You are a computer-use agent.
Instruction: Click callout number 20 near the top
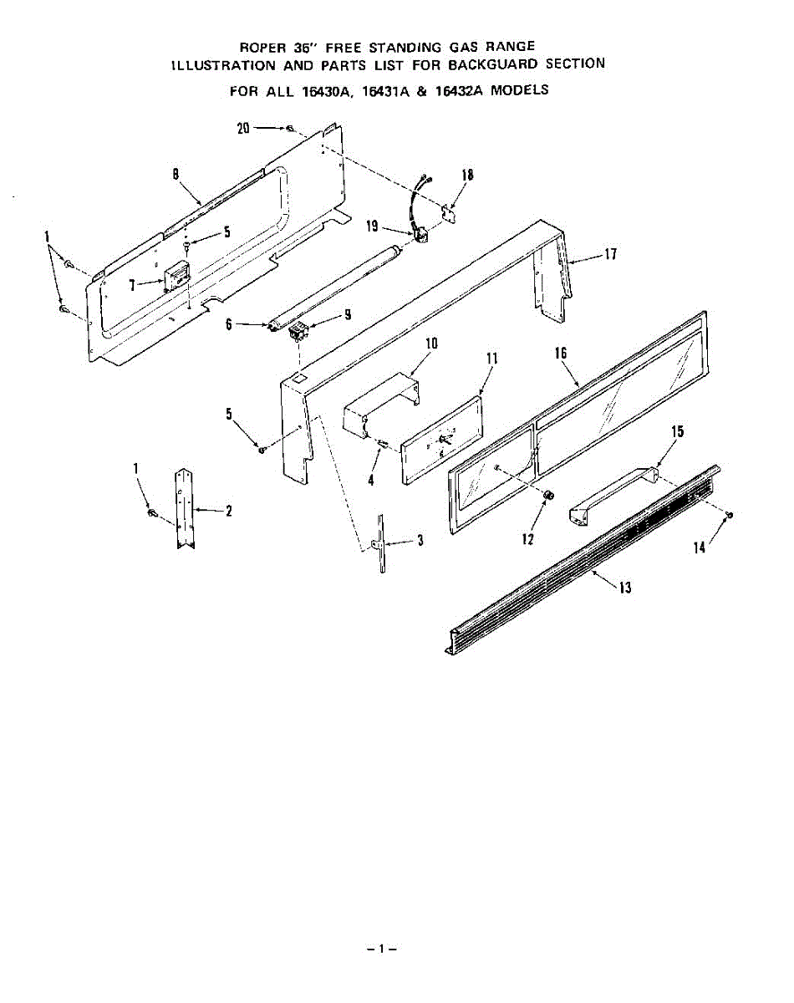coord(243,128)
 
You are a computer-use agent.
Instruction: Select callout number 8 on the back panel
coord(176,174)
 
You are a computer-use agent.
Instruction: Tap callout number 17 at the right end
coord(611,253)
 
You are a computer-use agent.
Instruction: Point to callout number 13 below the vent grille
coord(624,587)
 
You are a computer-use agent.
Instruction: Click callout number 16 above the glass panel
coord(560,354)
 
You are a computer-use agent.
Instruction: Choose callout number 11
coord(491,359)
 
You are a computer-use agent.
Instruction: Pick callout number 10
coord(431,343)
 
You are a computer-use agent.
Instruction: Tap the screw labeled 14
coord(730,516)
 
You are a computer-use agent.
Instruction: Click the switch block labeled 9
coord(296,334)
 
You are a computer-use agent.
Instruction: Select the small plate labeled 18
coord(450,211)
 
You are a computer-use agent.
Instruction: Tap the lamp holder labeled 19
coord(421,236)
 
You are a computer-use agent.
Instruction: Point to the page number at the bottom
coord(380,949)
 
